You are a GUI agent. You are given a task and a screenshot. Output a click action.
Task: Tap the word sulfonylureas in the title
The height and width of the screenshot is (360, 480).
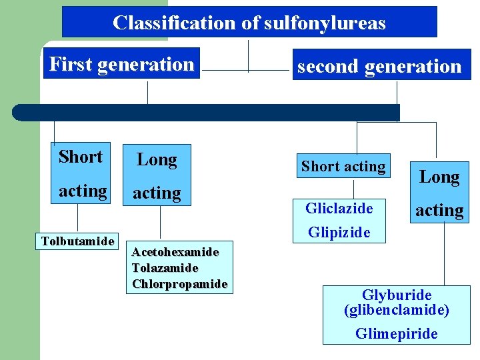click(325, 23)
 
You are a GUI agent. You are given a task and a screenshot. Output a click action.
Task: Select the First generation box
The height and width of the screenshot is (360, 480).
click(121, 64)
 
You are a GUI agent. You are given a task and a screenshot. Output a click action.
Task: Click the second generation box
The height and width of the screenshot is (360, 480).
click(379, 66)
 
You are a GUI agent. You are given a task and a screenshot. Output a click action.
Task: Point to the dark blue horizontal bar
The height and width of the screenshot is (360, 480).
click(207, 112)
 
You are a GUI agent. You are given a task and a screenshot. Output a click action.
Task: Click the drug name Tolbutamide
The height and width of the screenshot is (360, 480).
click(78, 241)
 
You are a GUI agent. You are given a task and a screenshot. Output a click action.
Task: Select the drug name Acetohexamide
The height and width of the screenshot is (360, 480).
click(175, 252)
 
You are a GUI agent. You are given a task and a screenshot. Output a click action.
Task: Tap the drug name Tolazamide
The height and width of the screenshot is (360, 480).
click(165, 268)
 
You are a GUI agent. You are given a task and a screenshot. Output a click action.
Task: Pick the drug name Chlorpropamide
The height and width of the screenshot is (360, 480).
click(179, 283)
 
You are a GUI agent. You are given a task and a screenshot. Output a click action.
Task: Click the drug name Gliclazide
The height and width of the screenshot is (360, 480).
click(339, 209)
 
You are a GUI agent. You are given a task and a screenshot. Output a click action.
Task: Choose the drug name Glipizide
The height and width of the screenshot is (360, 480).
click(339, 233)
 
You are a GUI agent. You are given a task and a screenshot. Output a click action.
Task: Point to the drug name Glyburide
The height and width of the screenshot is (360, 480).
click(397, 295)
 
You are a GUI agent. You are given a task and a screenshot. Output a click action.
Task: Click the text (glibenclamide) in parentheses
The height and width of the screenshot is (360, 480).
click(397, 310)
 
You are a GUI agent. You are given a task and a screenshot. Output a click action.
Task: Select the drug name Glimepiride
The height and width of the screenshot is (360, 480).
click(397, 333)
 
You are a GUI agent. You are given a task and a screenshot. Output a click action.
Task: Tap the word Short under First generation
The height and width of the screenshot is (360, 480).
click(81, 157)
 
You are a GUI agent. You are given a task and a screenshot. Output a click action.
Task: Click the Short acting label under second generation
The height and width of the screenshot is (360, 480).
click(343, 167)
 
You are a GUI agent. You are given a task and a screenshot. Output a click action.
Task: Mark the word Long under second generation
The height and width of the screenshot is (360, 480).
click(439, 177)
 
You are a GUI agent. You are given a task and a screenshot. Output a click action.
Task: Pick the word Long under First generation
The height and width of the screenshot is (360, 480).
click(157, 160)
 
